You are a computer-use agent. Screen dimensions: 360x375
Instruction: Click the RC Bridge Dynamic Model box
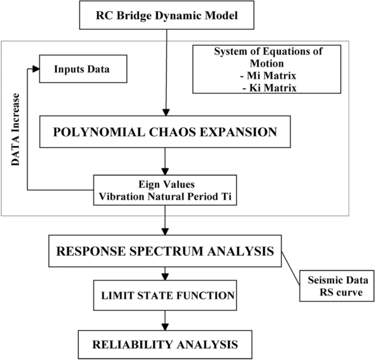click(x=168, y=15)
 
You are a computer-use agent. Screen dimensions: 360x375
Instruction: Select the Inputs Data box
click(x=83, y=70)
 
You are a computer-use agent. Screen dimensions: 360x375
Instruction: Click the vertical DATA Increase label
click(x=16, y=131)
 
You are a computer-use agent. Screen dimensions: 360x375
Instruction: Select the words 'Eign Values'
click(x=165, y=185)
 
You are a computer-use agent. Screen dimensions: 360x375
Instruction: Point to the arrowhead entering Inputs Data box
click(x=36, y=69)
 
